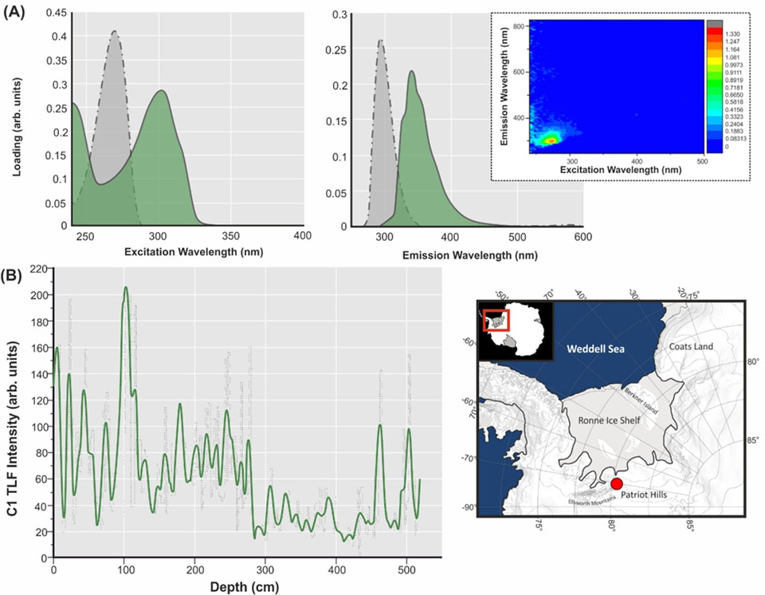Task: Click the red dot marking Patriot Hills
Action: coord(616,483)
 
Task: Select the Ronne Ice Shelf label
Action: coord(598,417)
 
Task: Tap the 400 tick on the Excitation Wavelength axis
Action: coord(302,237)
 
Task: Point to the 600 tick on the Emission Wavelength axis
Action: coord(583,237)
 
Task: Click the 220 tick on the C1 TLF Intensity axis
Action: coord(37,270)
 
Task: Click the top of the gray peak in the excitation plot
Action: coord(116,31)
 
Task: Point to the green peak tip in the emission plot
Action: coord(412,71)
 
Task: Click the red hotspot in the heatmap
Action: coord(549,140)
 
